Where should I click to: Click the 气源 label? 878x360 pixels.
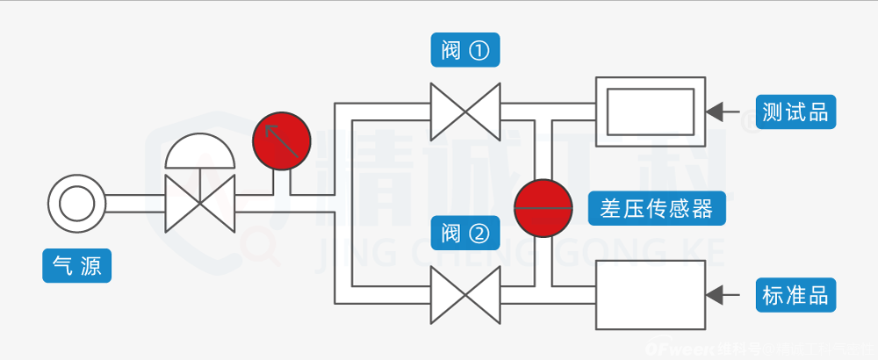pos(77,264)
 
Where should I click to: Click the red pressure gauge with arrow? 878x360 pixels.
pos(282,141)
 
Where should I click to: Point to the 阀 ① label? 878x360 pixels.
pos(465,50)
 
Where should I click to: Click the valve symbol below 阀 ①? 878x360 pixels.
pos(464,112)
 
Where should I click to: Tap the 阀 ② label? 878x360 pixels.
pos(465,233)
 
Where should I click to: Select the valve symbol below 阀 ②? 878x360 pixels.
pos(464,295)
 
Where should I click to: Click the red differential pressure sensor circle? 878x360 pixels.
pos(543,208)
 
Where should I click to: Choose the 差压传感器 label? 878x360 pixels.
pos(657,208)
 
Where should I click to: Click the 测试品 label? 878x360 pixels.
pos(795,112)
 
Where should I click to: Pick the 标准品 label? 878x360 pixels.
pos(795,294)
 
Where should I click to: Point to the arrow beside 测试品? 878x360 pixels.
pos(723,112)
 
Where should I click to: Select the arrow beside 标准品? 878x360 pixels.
pos(723,294)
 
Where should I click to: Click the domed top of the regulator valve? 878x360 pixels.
pos(201,152)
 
